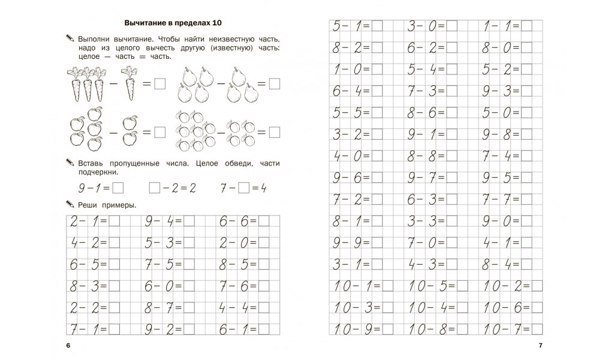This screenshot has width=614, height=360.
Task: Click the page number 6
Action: point(69,346)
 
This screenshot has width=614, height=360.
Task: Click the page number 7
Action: point(540,346)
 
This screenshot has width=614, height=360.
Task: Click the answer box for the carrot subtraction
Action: point(159,85)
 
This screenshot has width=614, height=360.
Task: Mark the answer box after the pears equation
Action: point(274,85)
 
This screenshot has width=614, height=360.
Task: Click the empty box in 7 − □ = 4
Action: point(243,188)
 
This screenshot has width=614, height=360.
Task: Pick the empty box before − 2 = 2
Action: point(154,188)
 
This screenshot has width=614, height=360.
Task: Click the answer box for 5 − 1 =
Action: point(377,26)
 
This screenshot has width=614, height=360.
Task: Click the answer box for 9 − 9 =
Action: point(377,243)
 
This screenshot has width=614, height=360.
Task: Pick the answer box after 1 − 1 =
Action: point(526,26)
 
